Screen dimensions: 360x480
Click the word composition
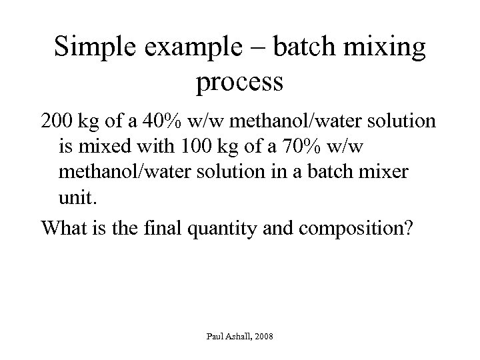tap(353, 228)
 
